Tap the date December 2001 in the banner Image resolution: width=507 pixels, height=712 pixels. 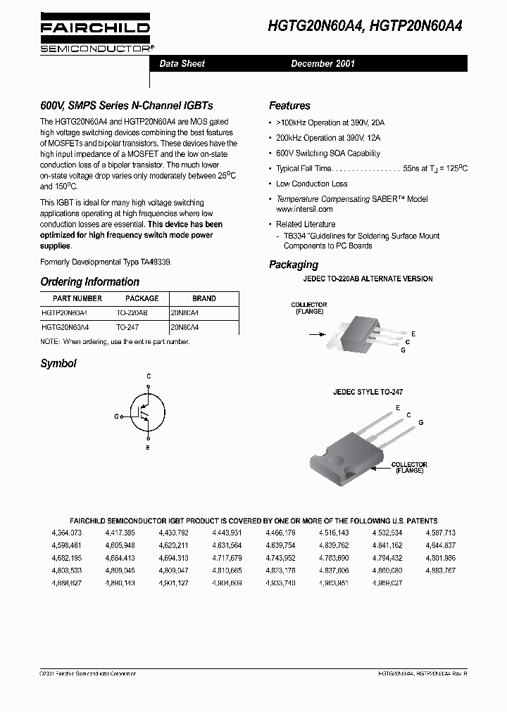pyautogui.click(x=323, y=63)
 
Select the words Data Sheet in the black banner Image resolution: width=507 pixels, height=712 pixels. pyautogui.click(x=182, y=63)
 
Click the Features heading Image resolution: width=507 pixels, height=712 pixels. pyautogui.click(x=289, y=106)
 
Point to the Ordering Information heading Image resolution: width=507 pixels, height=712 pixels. pyautogui.click(x=89, y=281)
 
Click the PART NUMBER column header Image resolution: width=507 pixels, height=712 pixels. pyautogui.click(x=67, y=298)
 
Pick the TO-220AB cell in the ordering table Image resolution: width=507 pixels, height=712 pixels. pyautogui.click(x=132, y=312)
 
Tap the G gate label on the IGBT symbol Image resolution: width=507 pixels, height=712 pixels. pyautogui.click(x=116, y=417)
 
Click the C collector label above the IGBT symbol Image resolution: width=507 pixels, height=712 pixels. pyautogui.click(x=149, y=377)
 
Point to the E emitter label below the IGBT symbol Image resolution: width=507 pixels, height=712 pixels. pyautogui.click(x=148, y=447)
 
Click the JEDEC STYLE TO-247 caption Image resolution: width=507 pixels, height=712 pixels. pyautogui.click(x=368, y=392)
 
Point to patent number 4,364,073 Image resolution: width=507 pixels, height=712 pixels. pyautogui.click(x=67, y=533)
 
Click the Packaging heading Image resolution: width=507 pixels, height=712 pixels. pyautogui.click(x=294, y=265)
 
